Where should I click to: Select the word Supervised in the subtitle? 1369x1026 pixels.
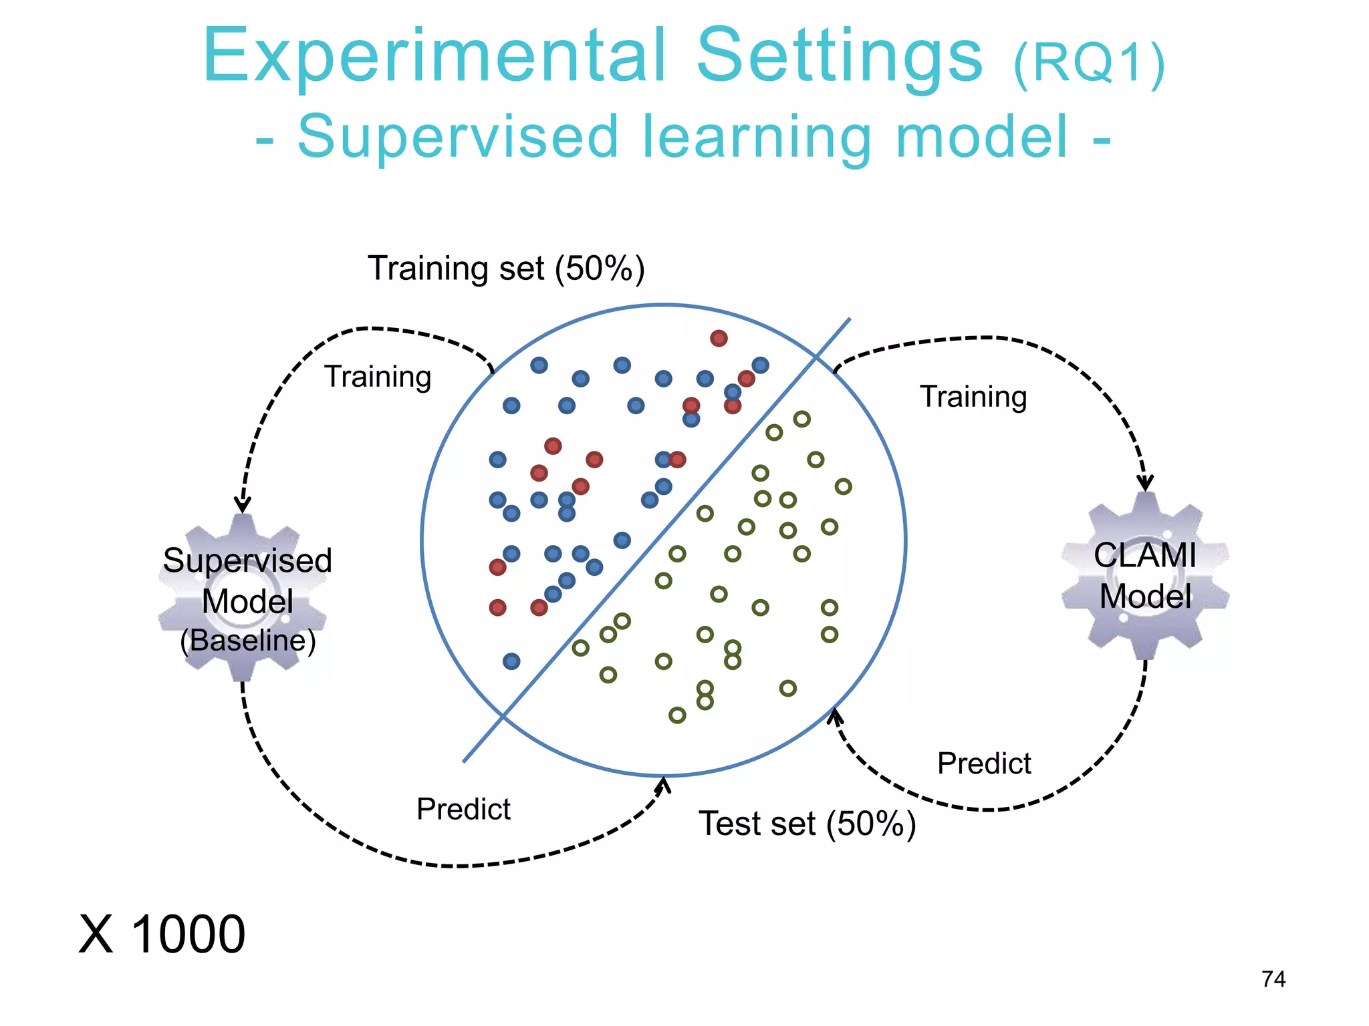point(458,137)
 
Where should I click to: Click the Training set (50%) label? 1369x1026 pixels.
point(506,269)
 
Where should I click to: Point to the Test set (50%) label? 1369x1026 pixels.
point(807,824)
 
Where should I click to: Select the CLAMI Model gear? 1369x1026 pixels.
point(1145,576)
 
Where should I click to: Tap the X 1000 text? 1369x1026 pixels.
point(162,934)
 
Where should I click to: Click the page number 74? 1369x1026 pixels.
point(1273,979)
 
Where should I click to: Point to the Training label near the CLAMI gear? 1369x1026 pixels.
point(973,397)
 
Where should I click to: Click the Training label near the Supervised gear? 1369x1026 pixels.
point(378,377)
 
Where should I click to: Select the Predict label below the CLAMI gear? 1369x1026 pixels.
point(984,763)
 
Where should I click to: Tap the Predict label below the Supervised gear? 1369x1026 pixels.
point(463,810)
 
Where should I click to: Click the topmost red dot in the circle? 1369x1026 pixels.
point(719,338)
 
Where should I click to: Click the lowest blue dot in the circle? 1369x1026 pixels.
point(511,661)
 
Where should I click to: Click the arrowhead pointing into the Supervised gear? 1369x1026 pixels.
point(243,505)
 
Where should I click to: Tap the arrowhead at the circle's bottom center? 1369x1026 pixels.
point(663,785)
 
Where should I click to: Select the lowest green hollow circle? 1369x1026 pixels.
point(677,715)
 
